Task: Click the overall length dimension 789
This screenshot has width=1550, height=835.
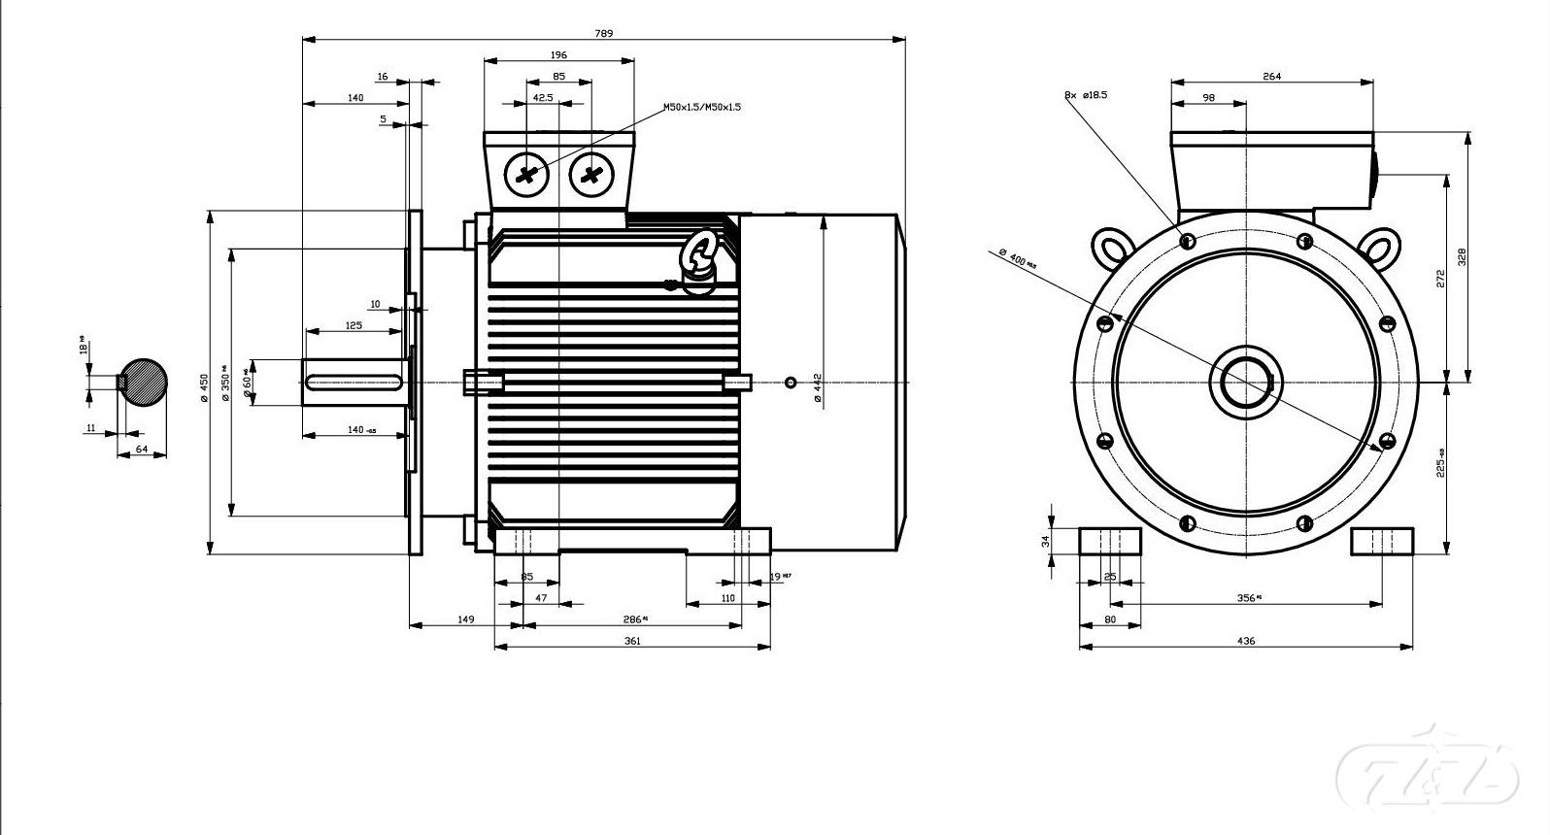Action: coord(603,33)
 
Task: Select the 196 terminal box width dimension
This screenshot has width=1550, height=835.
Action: coord(558,54)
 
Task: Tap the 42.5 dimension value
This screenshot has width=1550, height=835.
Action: coord(544,98)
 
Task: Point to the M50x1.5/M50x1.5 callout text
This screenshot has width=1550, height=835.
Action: coord(702,107)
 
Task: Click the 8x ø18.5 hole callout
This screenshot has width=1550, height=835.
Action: coord(1086,95)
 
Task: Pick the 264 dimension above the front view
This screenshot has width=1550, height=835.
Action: coord(1271,76)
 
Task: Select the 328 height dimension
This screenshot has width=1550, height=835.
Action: coord(1462,256)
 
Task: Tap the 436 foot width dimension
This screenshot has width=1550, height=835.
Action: coord(1246,641)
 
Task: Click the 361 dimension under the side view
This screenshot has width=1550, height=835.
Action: coord(632,641)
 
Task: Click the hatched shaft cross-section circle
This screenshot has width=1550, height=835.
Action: coord(142,382)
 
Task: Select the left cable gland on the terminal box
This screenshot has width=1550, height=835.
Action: coord(527,175)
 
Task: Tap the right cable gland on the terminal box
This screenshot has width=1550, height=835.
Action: coord(591,175)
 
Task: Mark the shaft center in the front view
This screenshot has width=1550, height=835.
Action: coord(1246,382)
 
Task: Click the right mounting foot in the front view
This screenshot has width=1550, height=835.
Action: coord(1382,541)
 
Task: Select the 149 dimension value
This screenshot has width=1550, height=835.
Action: coord(466,619)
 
